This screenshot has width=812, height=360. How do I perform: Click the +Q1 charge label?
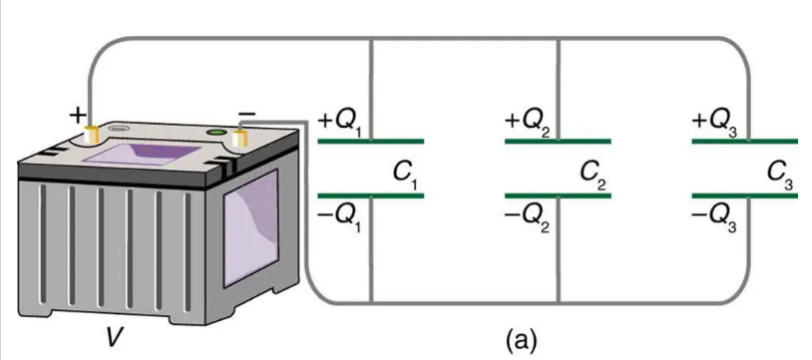[x=341, y=123]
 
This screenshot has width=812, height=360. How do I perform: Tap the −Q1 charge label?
[x=341, y=220]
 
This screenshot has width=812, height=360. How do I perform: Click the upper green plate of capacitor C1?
[x=371, y=141]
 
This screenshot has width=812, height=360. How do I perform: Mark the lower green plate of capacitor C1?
[x=371, y=195]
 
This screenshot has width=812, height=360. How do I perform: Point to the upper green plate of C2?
[x=559, y=141]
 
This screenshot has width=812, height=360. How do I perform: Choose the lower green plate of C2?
[x=559, y=195]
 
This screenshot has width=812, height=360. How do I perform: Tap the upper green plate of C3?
[x=745, y=141]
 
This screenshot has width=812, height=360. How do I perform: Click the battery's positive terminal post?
[x=92, y=136]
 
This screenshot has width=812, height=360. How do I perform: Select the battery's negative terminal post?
[x=238, y=139]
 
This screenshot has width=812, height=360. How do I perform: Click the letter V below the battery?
[x=111, y=338]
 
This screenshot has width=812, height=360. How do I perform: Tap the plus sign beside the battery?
[x=77, y=116]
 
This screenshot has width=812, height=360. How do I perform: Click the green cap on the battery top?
[x=215, y=133]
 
